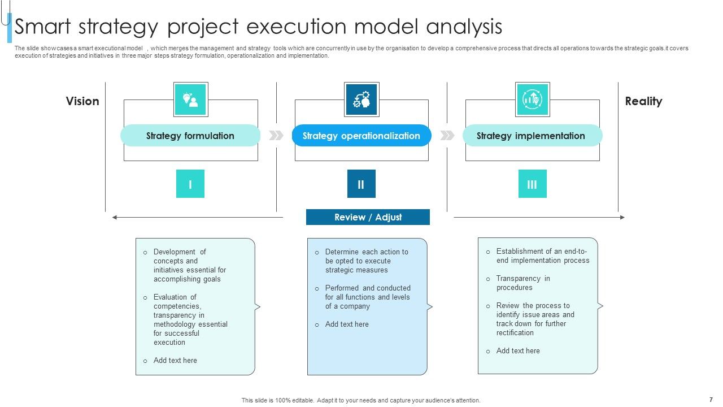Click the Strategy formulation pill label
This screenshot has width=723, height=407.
[x=190, y=136]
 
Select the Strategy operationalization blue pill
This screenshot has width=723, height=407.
[x=361, y=136]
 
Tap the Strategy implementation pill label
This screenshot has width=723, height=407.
[x=531, y=136]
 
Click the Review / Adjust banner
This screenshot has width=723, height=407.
[x=368, y=217]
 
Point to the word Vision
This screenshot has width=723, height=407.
[x=82, y=101]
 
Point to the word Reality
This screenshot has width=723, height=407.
[x=643, y=101]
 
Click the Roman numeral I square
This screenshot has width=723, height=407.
[x=190, y=184]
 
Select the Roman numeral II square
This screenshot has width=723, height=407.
[x=361, y=184]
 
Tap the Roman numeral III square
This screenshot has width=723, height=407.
[x=532, y=184]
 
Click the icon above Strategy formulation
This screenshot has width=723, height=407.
[x=190, y=99]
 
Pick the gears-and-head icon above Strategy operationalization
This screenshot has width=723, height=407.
[x=361, y=99]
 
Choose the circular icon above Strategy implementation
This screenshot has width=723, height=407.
[x=532, y=99]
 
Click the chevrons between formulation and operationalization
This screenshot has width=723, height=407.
[x=276, y=136]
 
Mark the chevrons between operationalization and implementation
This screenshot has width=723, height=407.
[x=447, y=136]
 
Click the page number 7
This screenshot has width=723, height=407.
[x=711, y=399]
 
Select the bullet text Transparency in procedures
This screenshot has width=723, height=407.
[x=522, y=283]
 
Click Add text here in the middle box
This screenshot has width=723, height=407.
[x=347, y=324]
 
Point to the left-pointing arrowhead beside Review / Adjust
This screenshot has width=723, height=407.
[x=115, y=217]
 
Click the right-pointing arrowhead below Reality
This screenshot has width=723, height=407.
[x=622, y=217]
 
